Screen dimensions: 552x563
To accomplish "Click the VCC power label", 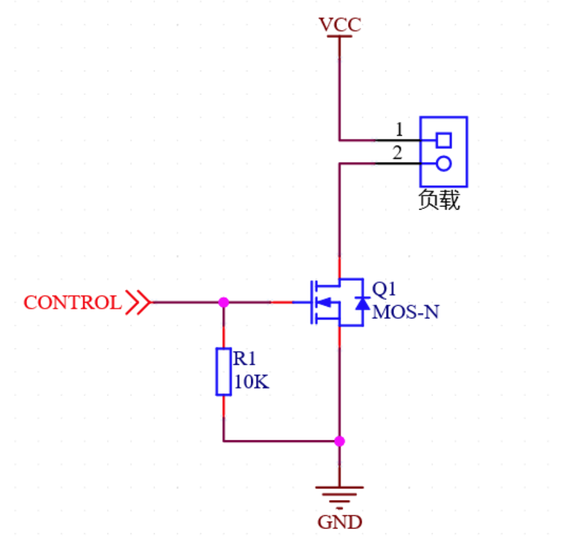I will click(339, 25).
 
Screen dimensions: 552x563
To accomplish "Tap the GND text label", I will click(339, 521).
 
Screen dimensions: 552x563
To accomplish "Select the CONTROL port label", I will click(72, 303).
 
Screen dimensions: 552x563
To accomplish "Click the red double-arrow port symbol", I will click(138, 302).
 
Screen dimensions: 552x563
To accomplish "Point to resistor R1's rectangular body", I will click(224, 371).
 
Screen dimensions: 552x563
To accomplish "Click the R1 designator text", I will click(245, 359).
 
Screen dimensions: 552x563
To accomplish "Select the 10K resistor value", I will click(251, 382).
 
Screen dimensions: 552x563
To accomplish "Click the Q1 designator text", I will click(384, 289).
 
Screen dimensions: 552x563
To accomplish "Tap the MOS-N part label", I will click(405, 312).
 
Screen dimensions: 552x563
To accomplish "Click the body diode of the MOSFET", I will click(362, 303).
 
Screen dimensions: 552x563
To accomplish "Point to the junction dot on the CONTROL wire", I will click(224, 302).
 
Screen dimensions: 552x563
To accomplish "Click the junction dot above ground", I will click(339, 441).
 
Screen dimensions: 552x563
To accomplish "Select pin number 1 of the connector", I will click(399, 129).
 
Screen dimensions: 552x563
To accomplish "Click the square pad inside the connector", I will click(444, 140).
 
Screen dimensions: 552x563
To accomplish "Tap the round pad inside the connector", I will click(444, 163).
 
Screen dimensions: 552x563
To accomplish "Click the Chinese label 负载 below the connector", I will click(439, 201).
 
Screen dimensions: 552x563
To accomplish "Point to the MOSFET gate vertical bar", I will click(312, 302).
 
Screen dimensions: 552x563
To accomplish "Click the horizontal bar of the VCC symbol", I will click(339, 36).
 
